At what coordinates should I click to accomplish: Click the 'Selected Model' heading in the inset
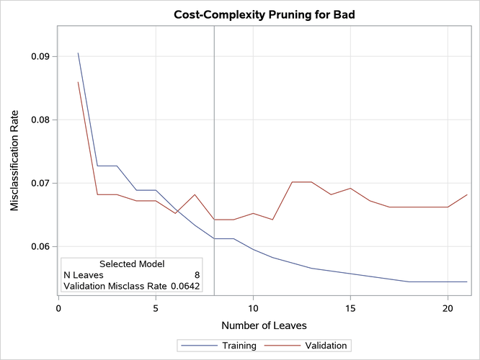[132, 264]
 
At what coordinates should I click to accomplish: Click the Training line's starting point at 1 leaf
[78, 53]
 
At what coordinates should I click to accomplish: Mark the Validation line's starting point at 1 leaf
[78, 82]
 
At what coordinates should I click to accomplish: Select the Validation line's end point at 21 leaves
[467, 195]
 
